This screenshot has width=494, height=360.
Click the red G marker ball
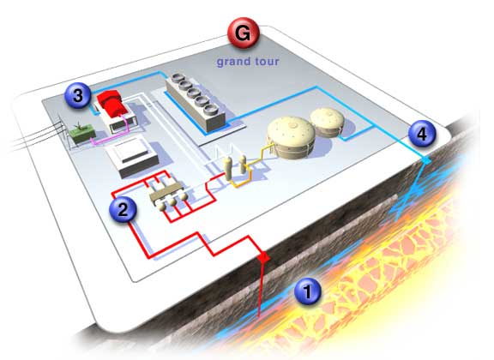pyautogui.click(x=244, y=33)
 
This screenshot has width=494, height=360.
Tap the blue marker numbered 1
pyautogui.click(x=308, y=291)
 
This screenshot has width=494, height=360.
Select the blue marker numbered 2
pyautogui.click(x=123, y=208)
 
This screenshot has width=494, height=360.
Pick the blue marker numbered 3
pyautogui.click(x=78, y=95)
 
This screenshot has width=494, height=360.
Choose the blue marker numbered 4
pyautogui.click(x=422, y=134)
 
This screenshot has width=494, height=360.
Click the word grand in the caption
pyautogui.click(x=232, y=62)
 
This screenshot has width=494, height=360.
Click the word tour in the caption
pyautogui.click(x=267, y=62)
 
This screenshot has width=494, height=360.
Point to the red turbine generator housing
pyautogui.click(x=112, y=103)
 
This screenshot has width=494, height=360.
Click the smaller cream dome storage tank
pyautogui.click(x=327, y=123)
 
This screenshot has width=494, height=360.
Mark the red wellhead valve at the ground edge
pyautogui.click(x=263, y=258)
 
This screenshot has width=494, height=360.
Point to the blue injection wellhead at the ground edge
pyautogui.click(x=426, y=161)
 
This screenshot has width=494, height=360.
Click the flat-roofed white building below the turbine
pyautogui.click(x=133, y=157)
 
